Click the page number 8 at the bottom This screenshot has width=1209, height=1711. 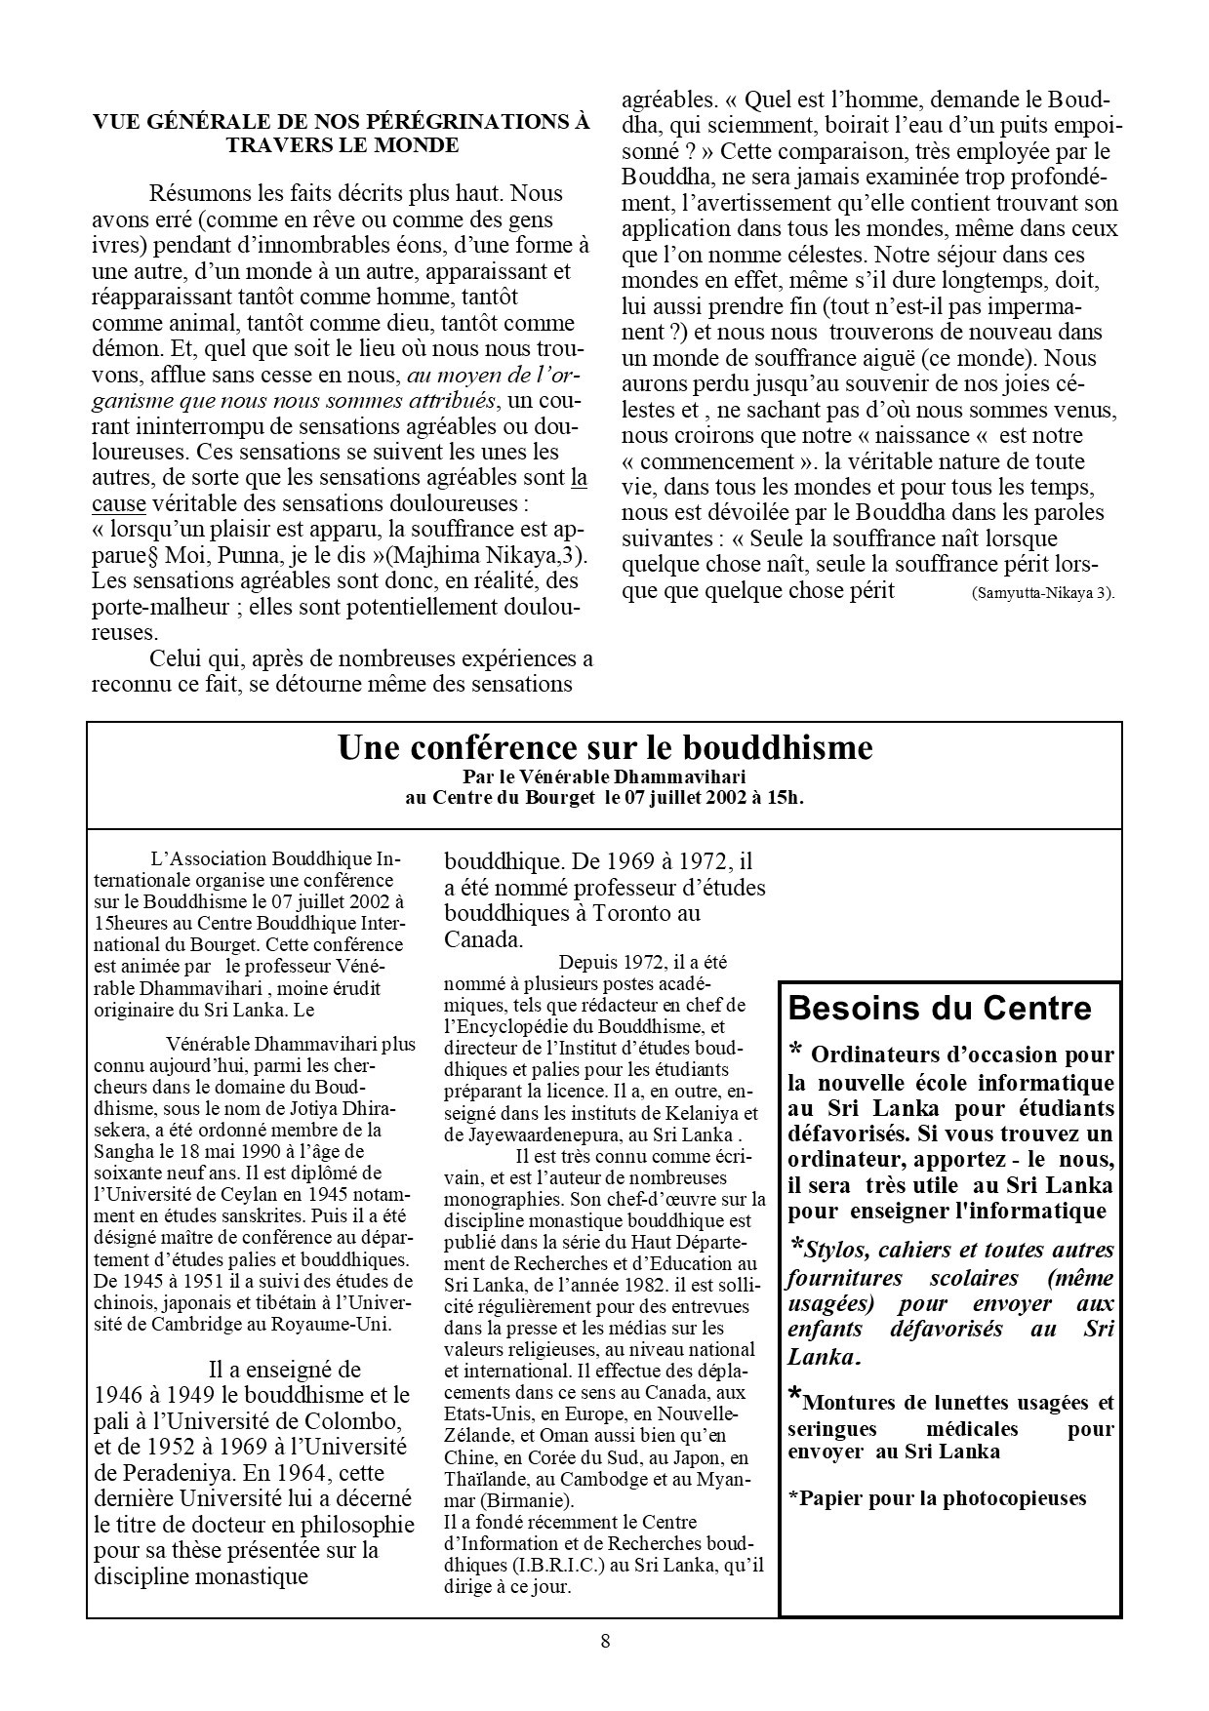(x=605, y=1641)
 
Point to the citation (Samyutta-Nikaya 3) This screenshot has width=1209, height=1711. (x=1043, y=593)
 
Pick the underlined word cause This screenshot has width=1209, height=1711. (x=119, y=504)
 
